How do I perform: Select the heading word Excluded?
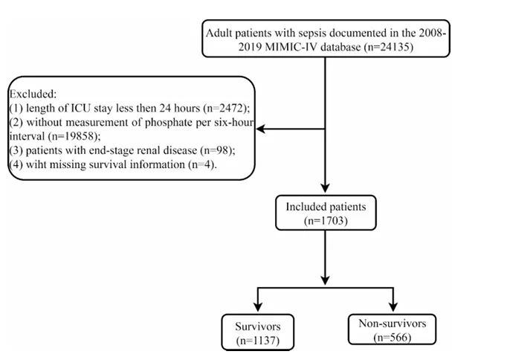tap(33, 94)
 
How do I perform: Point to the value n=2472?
tap(227, 108)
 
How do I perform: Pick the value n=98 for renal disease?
tap(218, 150)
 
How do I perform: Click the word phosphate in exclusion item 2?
tap(169, 123)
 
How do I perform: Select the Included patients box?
tap(326, 213)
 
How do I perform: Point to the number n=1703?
tap(326, 221)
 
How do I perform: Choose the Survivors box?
tap(258, 332)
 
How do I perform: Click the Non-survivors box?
tap(392, 330)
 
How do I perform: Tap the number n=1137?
tap(258, 340)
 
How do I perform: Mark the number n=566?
tap(393, 338)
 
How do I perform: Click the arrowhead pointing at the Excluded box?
tap(260, 129)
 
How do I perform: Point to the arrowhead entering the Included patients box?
tap(325, 188)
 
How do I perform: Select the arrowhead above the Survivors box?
tap(258, 306)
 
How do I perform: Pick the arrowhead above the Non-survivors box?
tap(393, 306)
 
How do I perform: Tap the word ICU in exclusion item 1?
tap(81, 108)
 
